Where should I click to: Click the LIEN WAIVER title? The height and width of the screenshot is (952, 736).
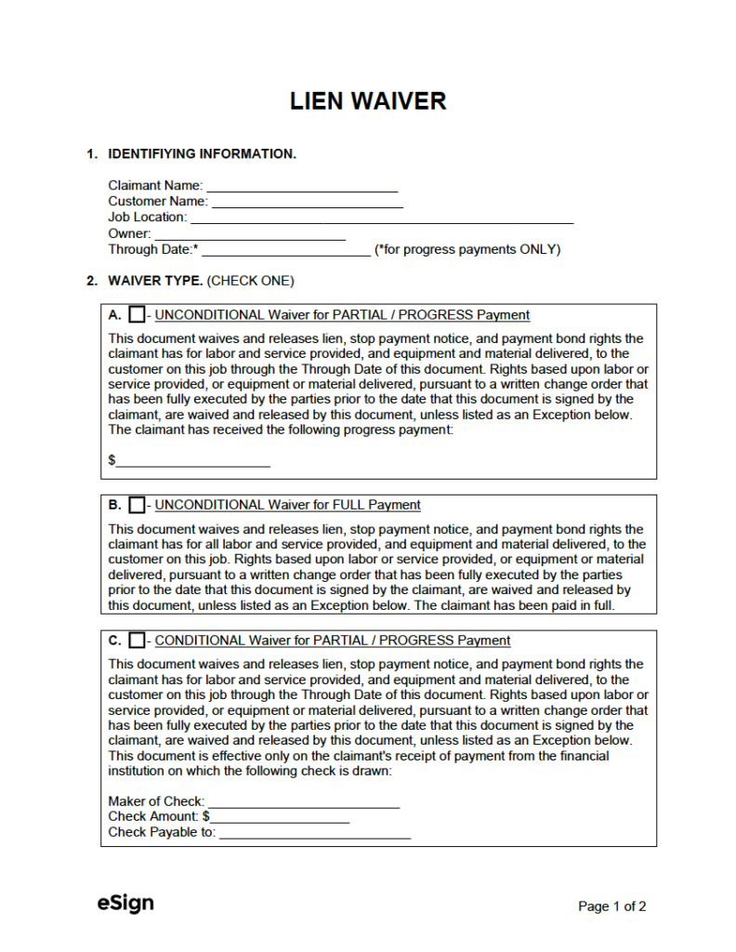click(x=368, y=100)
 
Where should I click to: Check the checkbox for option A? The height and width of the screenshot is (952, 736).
click(x=137, y=315)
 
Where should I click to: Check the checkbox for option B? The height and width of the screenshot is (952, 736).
click(x=137, y=506)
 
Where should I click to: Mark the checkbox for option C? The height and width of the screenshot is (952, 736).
click(x=137, y=641)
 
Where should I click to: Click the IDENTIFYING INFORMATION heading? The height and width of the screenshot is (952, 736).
click(x=202, y=154)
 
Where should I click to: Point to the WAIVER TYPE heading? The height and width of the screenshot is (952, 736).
click(x=155, y=281)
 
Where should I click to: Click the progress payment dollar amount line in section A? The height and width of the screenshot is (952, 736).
click(x=193, y=461)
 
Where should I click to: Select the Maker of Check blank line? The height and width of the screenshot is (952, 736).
click(x=304, y=802)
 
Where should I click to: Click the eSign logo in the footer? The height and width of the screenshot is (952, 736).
click(x=125, y=903)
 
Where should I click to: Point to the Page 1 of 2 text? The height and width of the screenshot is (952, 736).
click(x=611, y=906)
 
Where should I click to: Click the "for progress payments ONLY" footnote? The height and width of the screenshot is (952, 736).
click(x=467, y=250)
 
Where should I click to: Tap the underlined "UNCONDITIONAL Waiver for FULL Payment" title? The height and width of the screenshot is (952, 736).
click(x=287, y=506)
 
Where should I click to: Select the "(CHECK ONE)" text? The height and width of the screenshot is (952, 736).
click(x=250, y=281)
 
